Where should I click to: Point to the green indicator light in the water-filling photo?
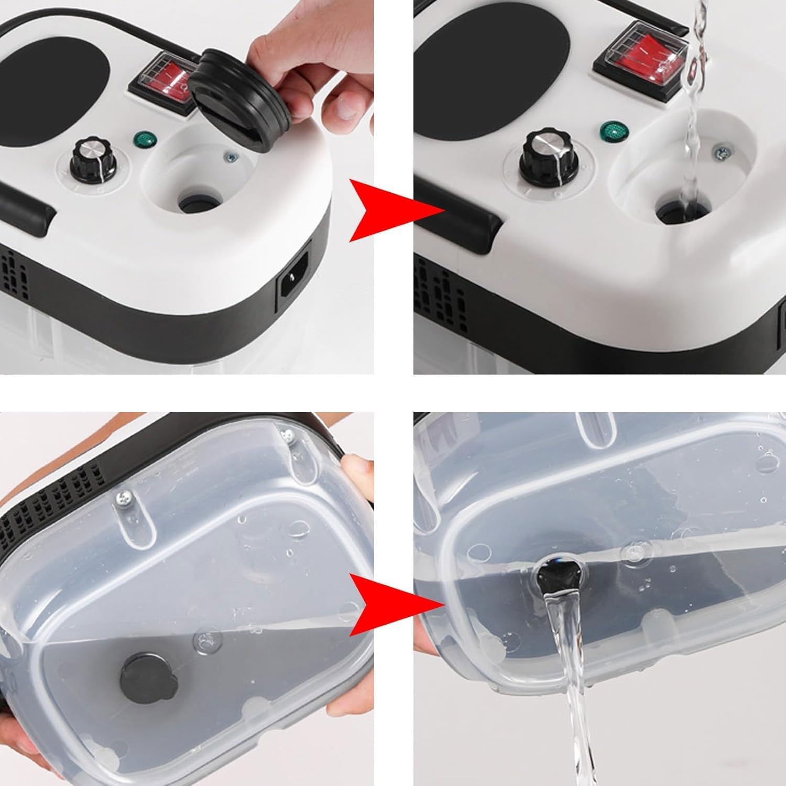click(x=610, y=129)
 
